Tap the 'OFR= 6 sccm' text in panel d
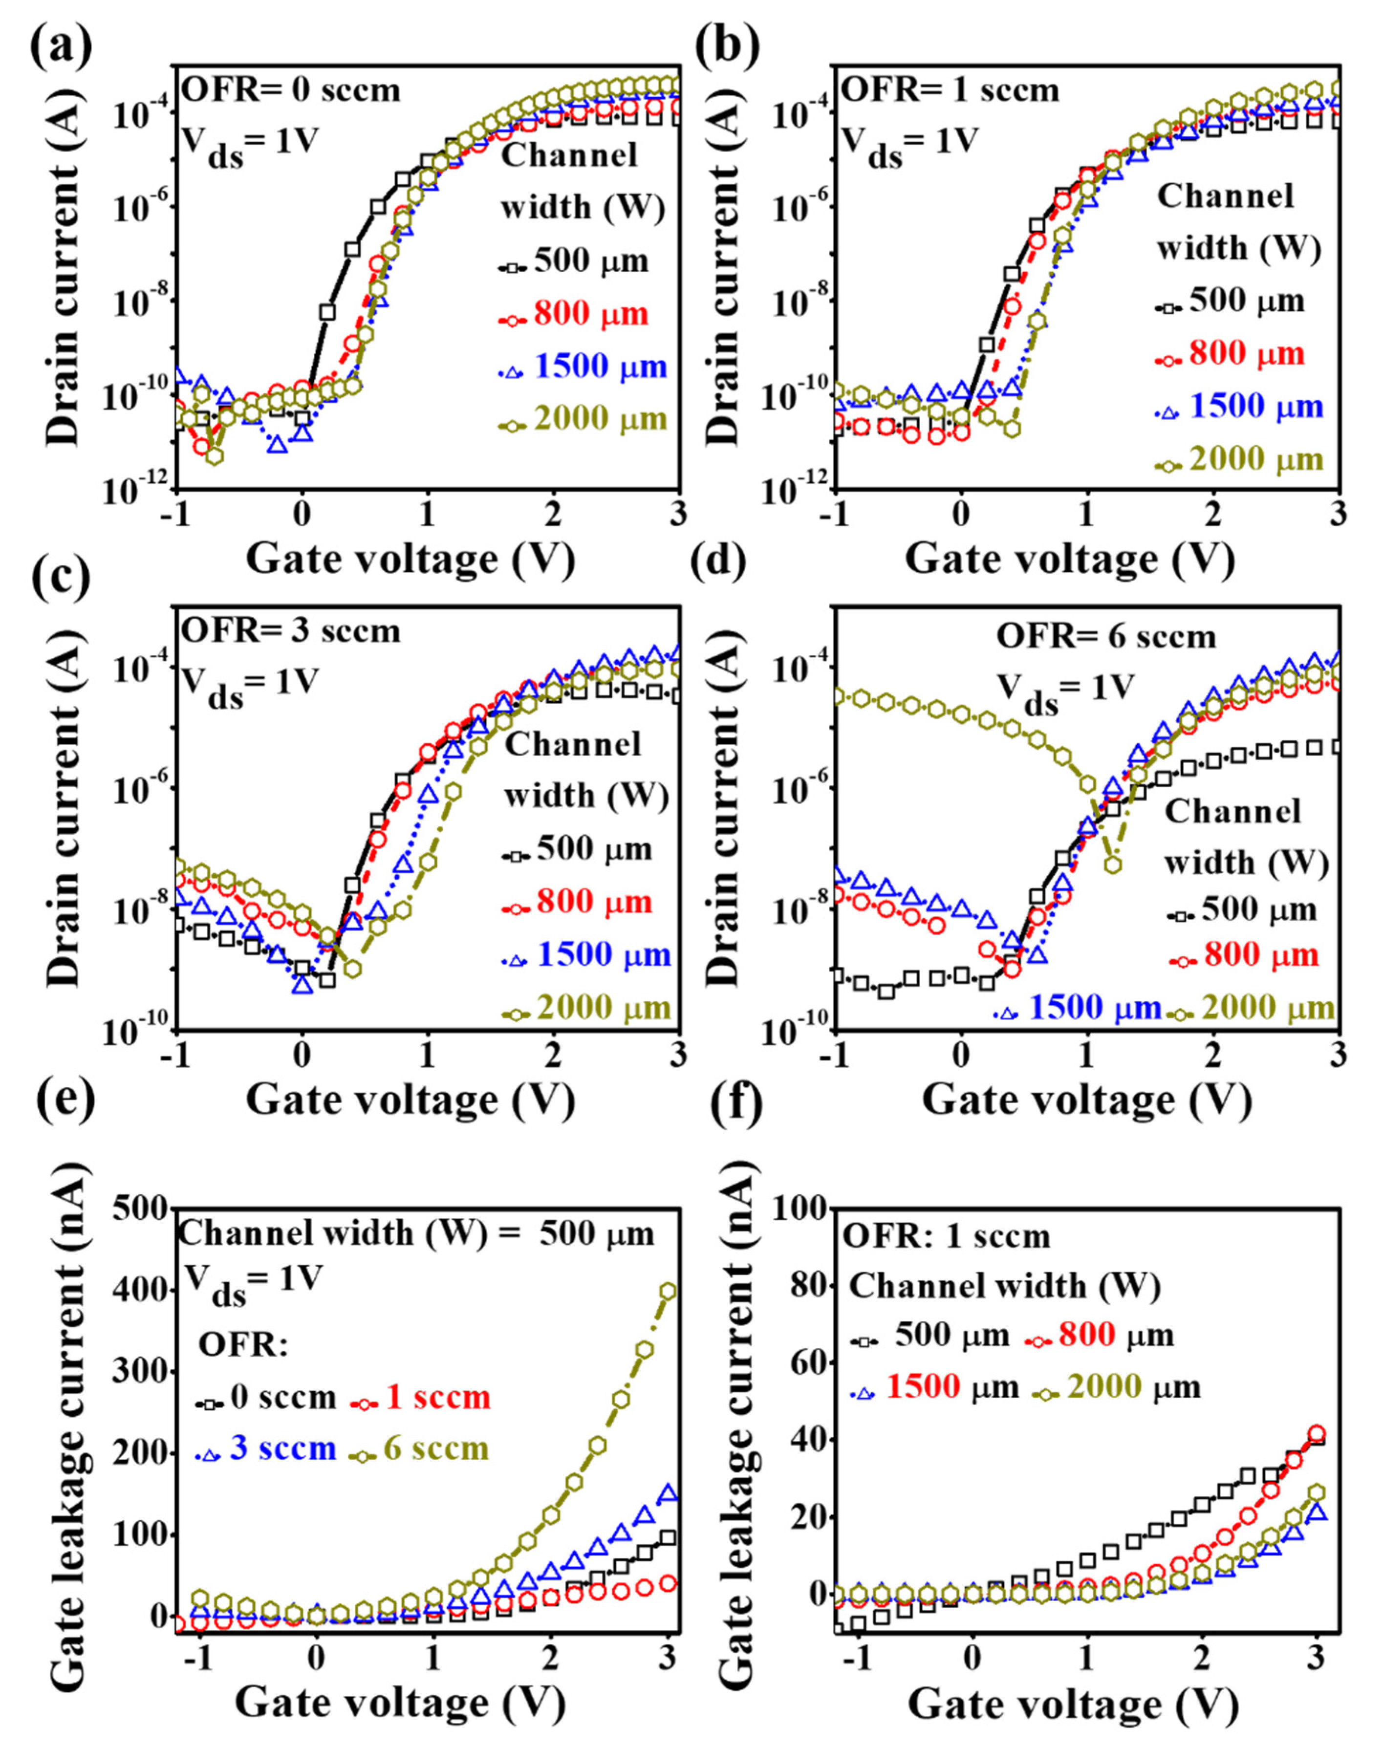pyautogui.click(x=1106, y=636)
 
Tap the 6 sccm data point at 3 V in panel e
pyautogui.click(x=668, y=1291)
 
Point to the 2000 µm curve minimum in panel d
pyautogui.click(x=1113, y=865)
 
